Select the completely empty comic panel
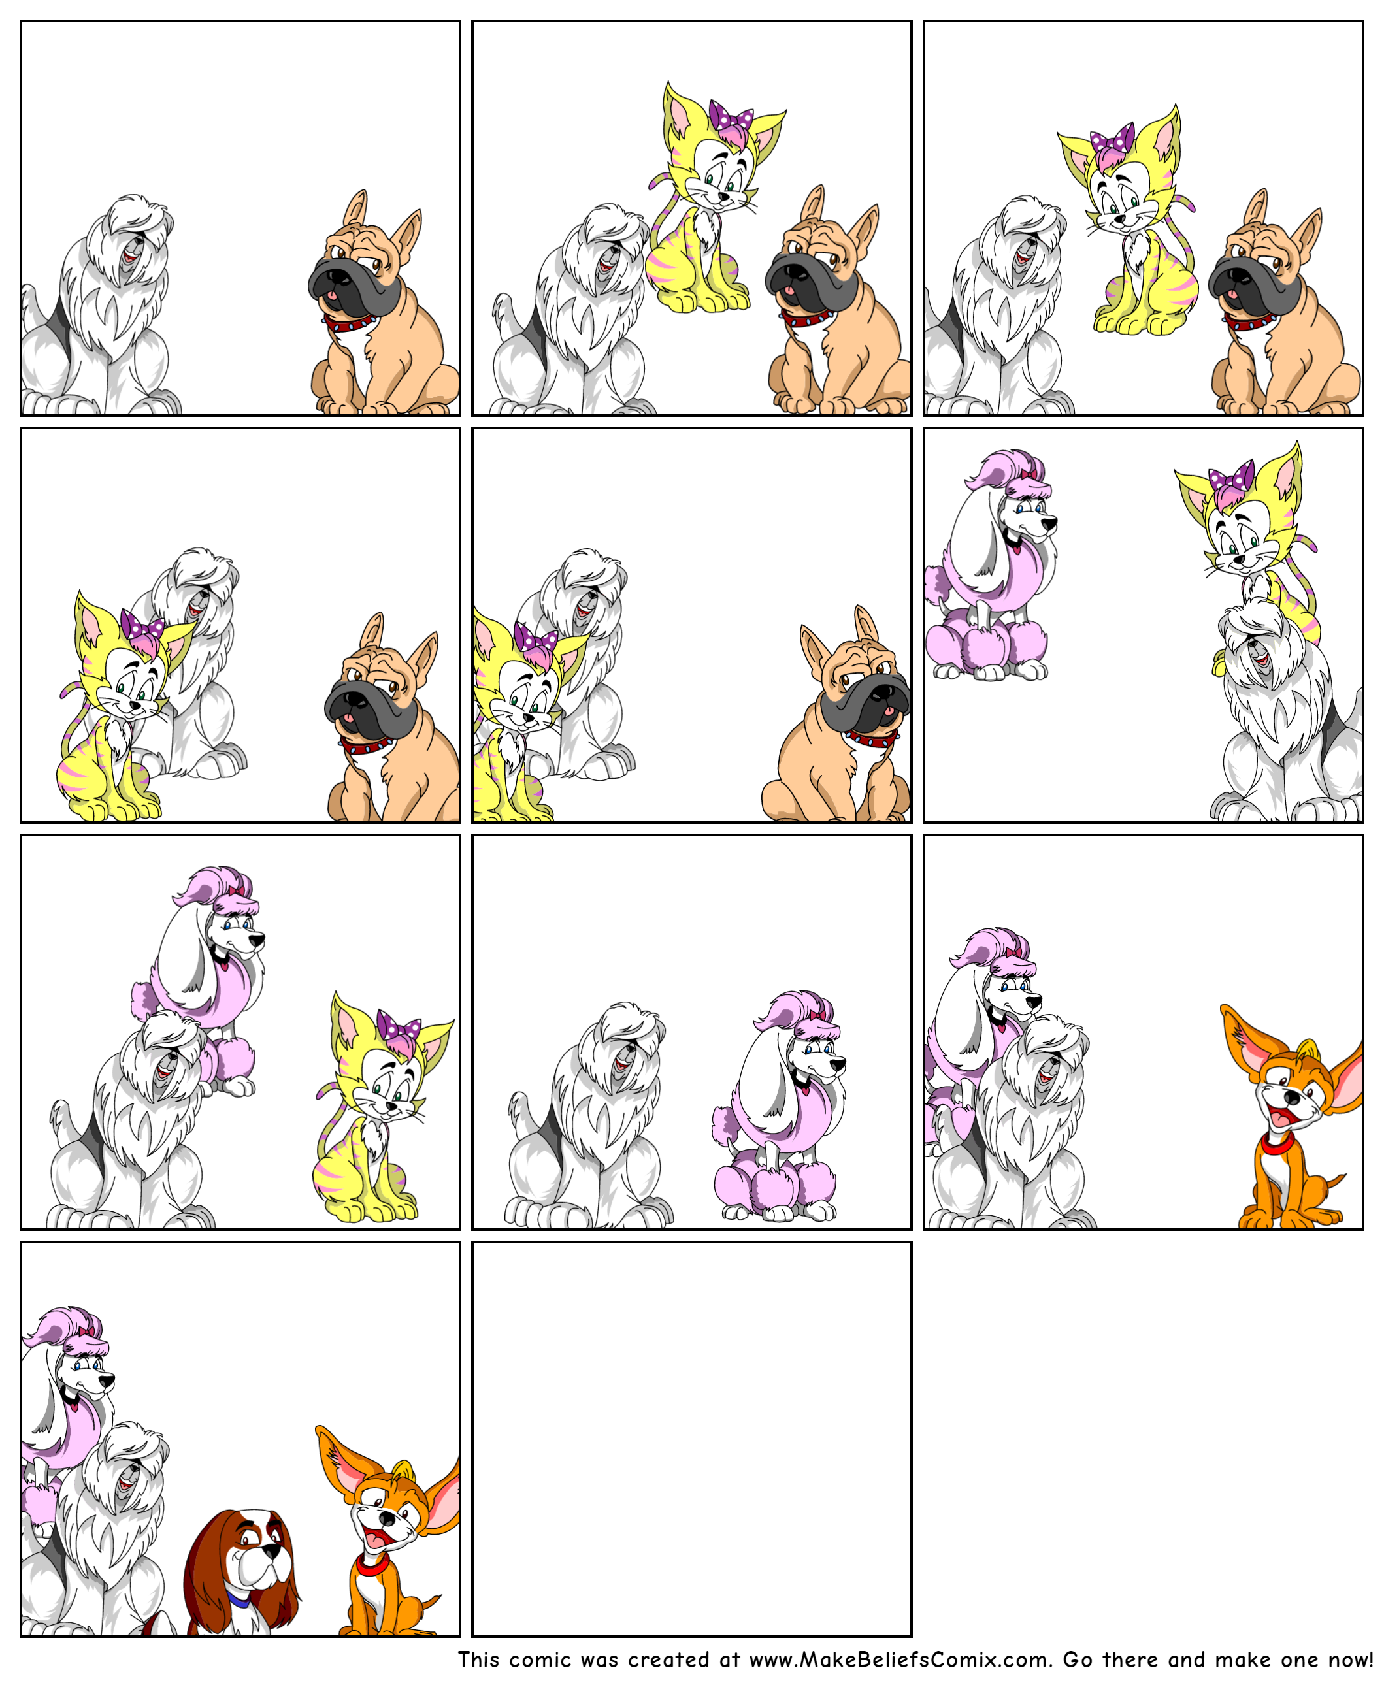(x=691, y=1439)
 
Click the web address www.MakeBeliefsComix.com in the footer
(x=897, y=1660)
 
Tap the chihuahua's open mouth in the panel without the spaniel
(x=1278, y=1117)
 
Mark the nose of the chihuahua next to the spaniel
(x=387, y=1519)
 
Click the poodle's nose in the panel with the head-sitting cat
(x=1050, y=523)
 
